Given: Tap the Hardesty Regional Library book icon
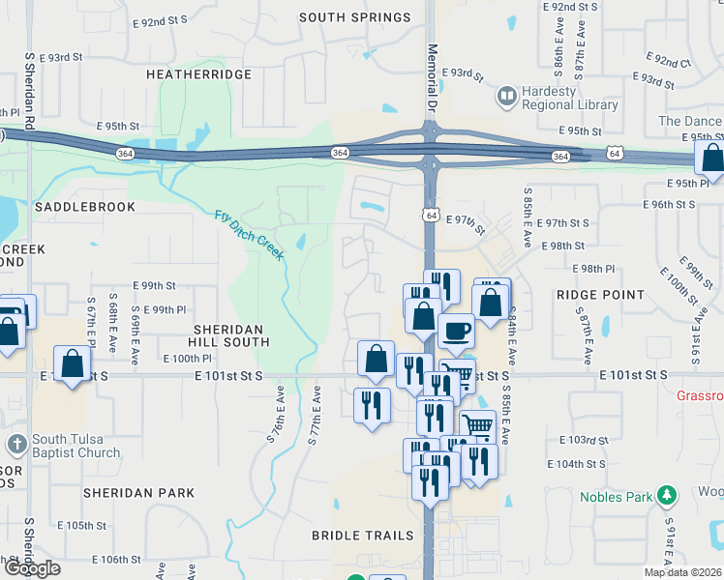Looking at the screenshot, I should [x=506, y=96].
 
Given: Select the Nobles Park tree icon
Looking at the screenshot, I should [x=666, y=497].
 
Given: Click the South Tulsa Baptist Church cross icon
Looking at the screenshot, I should [x=15, y=445].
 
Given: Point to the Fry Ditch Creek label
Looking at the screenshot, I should [x=250, y=235].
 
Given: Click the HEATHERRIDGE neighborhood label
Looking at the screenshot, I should [x=198, y=74].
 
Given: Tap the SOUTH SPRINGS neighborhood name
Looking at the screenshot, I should [x=354, y=17].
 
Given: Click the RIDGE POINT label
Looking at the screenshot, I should [x=600, y=295].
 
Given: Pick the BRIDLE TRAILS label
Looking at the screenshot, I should [x=362, y=536].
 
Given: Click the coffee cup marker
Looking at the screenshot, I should [x=457, y=330].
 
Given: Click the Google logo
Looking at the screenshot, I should [x=31, y=568].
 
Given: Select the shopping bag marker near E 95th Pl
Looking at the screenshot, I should [x=711, y=159].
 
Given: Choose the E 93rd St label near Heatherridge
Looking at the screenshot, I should [x=75, y=58].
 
